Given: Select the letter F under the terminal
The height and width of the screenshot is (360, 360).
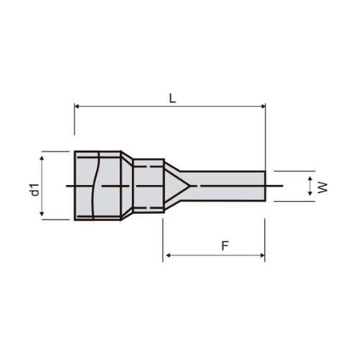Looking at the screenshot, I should pyautogui.click(x=224, y=246).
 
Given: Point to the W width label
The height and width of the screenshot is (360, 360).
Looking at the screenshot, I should pyautogui.click(x=324, y=187).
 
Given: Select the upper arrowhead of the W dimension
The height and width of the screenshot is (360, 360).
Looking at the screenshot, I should pyautogui.click(x=310, y=175).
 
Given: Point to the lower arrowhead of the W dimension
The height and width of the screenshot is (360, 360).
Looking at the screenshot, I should pyautogui.click(x=310, y=197).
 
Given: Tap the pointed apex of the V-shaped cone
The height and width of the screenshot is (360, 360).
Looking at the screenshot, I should pyautogui.click(x=190, y=186).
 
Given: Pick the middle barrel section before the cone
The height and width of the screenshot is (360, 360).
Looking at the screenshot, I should pyautogui.click(x=148, y=185).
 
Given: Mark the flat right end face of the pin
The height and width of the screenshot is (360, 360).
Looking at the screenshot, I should pyautogui.click(x=265, y=186).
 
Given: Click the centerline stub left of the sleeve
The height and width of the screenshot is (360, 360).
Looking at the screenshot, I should pyautogui.click(x=70, y=186).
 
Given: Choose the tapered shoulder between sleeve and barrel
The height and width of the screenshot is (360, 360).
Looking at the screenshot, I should pyautogui.click(x=127, y=185).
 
